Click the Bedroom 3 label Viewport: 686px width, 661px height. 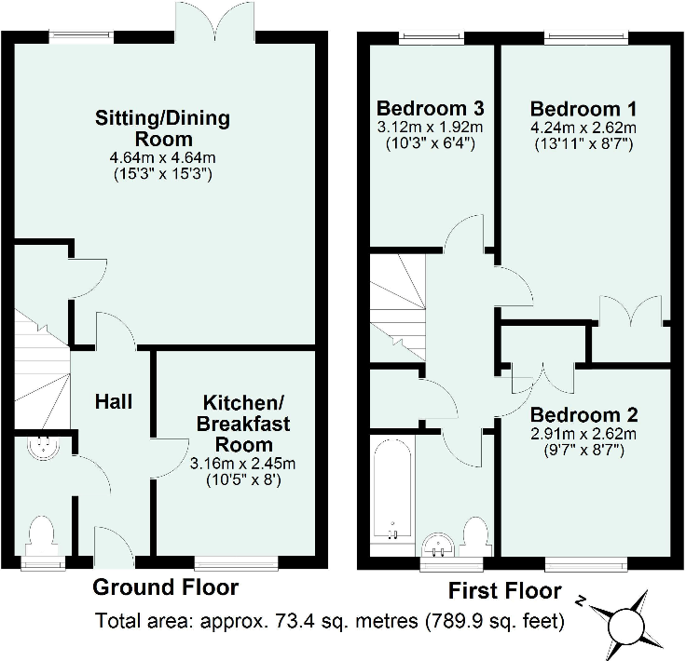pos(431,108)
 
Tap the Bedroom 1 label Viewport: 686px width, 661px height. pos(583,109)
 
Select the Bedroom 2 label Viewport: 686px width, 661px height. pos(584,414)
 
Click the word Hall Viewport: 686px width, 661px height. pos(114,401)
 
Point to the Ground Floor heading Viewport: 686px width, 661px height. pos(165,587)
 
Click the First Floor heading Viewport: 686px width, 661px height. pos(505,591)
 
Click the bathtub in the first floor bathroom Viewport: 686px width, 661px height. pos(392,489)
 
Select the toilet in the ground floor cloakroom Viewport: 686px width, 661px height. pos(42,536)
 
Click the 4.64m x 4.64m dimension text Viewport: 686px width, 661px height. pos(162,157)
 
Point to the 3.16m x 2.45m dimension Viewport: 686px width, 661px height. pos(243,464)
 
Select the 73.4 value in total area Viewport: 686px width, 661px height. pos(291,621)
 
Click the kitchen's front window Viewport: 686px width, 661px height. pos(236,562)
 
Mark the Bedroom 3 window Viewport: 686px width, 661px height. pos(432,38)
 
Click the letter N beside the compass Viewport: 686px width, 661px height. pos(581,600)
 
